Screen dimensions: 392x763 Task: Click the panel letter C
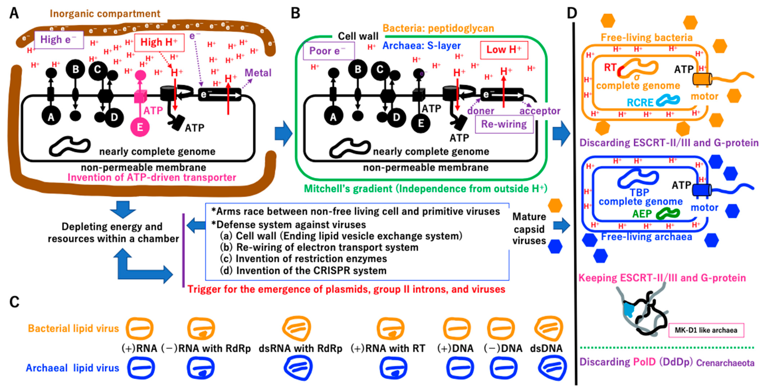14,302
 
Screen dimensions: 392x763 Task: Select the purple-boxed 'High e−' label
59,40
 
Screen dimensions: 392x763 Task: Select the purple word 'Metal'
258,73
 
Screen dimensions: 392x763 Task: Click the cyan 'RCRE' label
640,103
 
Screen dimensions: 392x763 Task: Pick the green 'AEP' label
642,214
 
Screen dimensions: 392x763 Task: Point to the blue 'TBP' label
639,192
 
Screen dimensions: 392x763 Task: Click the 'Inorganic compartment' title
105,14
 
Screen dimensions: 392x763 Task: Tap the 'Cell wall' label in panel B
358,36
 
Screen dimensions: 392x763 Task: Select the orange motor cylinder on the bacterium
702,79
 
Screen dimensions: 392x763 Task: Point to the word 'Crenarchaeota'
725,363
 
